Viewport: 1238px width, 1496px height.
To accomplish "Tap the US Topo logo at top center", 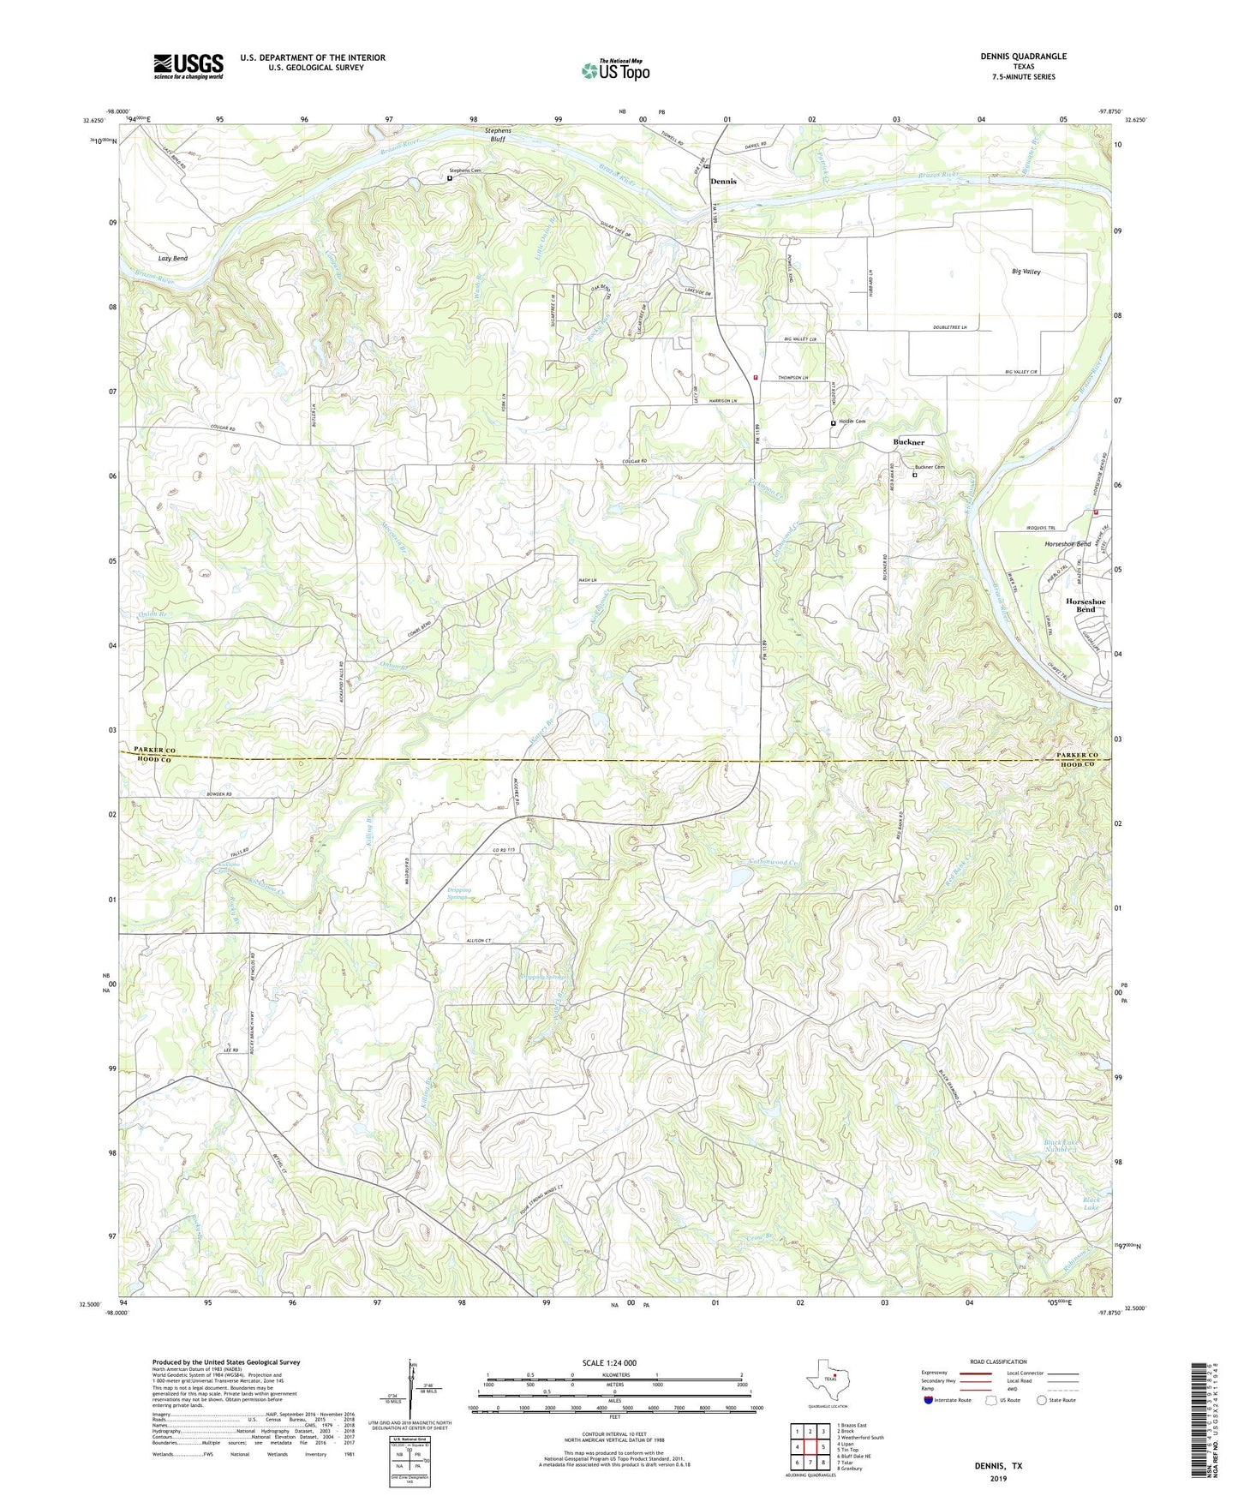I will click(615, 70).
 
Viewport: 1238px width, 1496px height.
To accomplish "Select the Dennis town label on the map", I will click(723, 182).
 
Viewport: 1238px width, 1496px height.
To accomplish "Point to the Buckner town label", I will click(909, 442).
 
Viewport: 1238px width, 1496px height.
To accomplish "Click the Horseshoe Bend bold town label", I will click(1085, 605).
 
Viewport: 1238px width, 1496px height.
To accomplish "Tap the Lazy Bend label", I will click(172, 258).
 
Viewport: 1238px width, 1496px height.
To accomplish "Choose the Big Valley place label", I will click(1026, 272).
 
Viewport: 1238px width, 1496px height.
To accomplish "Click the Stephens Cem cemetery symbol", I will click(449, 178).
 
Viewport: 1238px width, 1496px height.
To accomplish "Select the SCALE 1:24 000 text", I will click(608, 1362).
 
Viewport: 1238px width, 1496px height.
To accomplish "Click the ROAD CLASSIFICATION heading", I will click(999, 1361).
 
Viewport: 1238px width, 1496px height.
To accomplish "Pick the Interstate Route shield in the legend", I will click(930, 1400).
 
